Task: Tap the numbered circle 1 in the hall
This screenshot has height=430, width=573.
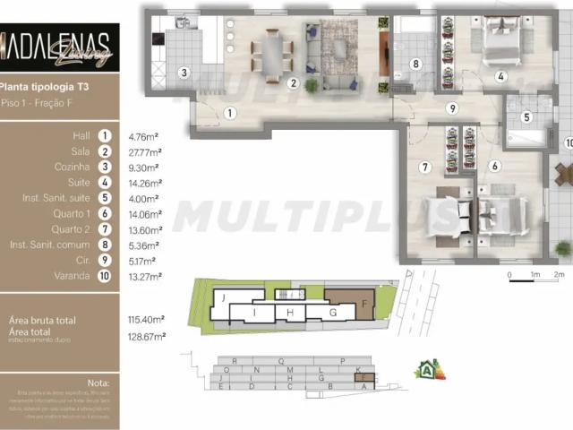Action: pyautogui.click(x=230, y=113)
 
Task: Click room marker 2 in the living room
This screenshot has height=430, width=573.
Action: pyautogui.click(x=293, y=83)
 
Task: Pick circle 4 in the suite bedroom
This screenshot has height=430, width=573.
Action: pyautogui.click(x=501, y=76)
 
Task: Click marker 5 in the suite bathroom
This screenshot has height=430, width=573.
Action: pyautogui.click(x=526, y=116)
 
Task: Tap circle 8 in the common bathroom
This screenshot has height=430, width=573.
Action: pyautogui.click(x=415, y=64)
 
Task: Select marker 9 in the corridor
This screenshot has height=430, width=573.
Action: pyautogui.click(x=453, y=108)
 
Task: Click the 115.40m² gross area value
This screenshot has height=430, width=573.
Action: pyautogui.click(x=147, y=320)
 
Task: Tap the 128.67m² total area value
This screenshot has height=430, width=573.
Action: pyautogui.click(x=147, y=336)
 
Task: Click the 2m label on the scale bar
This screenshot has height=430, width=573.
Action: pyautogui.click(x=559, y=274)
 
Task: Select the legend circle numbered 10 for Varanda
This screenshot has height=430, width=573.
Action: pyautogui.click(x=106, y=276)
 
